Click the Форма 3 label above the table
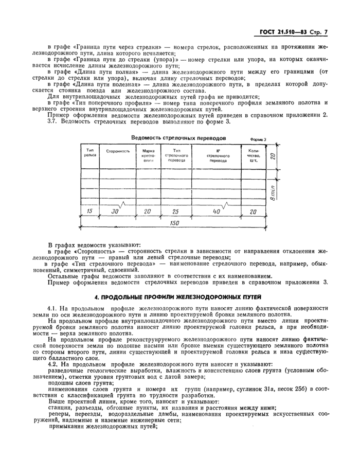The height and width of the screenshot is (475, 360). [258, 139]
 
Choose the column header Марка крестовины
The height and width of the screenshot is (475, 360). [149, 155]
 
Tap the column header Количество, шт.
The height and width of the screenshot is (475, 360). [254, 155]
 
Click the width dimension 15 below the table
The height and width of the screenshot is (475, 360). [90, 211]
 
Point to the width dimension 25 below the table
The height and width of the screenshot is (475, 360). [176, 211]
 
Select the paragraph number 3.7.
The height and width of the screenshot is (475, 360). [53, 121]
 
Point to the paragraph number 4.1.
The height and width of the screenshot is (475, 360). [53, 307]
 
